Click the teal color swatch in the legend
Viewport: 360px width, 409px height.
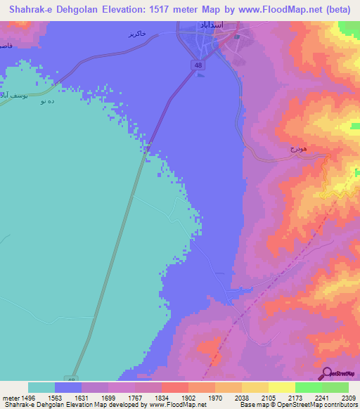click(x=41, y=387)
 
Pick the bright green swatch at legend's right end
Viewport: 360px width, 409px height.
click(x=335, y=387)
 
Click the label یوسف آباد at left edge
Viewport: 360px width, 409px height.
click(x=14, y=94)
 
